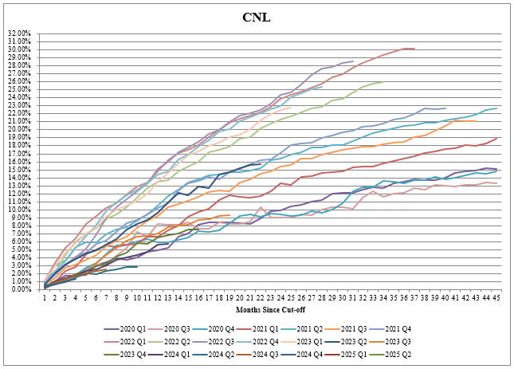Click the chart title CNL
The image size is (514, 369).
click(257, 17)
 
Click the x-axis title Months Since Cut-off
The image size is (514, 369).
click(271, 308)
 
